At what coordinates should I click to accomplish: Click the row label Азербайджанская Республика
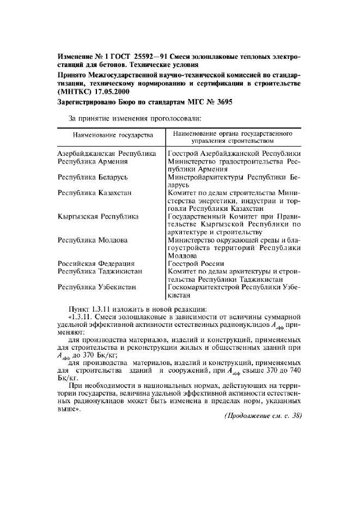[107, 154]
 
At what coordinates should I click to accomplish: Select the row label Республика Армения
[93, 161]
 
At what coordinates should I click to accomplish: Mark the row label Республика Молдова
[93, 240]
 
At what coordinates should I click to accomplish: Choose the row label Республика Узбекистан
[97, 287]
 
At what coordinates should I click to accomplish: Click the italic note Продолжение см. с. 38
[263, 415]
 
